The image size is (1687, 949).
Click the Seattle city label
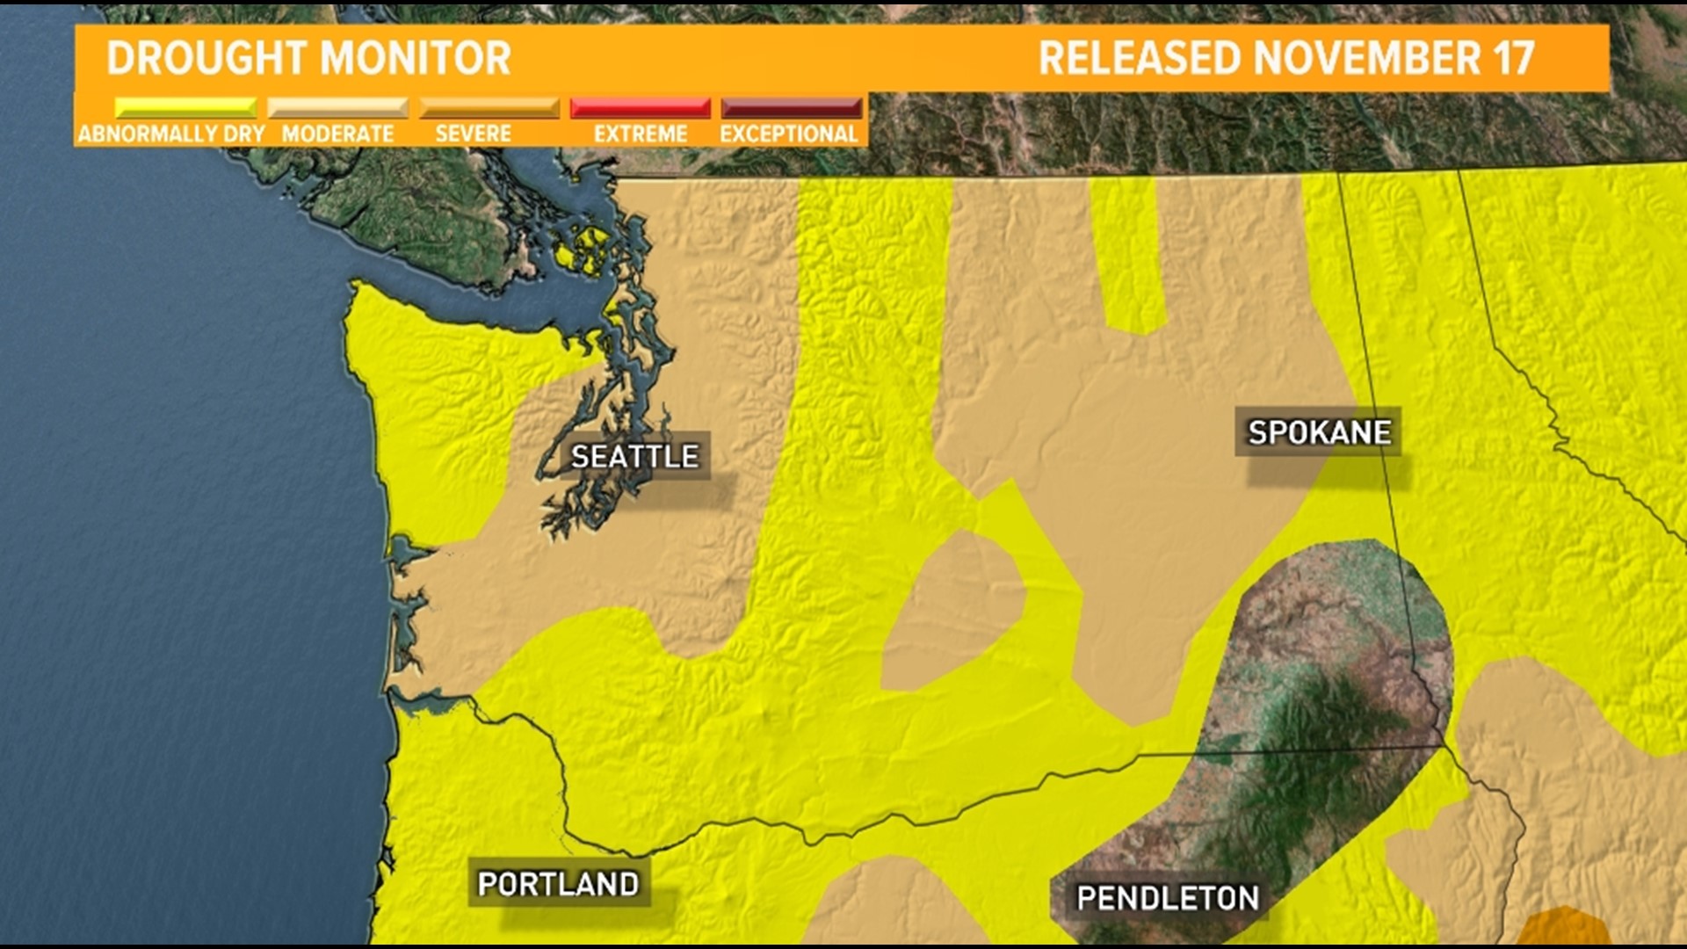click(634, 456)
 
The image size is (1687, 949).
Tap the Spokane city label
click(1319, 432)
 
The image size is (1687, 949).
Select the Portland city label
click(558, 884)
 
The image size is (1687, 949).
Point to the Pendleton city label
click(1168, 898)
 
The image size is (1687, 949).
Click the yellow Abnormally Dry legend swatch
click(185, 108)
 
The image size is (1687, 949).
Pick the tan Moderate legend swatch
click(337, 108)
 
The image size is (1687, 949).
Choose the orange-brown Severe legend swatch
click(489, 108)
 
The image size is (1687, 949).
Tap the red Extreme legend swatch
click(640, 108)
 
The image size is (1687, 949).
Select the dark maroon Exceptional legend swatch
click(791, 108)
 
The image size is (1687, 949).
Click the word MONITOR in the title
click(415, 58)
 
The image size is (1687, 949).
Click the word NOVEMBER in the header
click(1367, 58)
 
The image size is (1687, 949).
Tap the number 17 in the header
click(1513, 58)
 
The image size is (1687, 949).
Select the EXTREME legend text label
click(641, 134)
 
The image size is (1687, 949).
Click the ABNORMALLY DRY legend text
click(171, 134)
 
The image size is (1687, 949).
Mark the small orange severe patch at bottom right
click(1562, 930)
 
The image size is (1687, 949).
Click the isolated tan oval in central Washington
click(953, 611)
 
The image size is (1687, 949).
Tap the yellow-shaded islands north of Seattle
click(583, 250)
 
